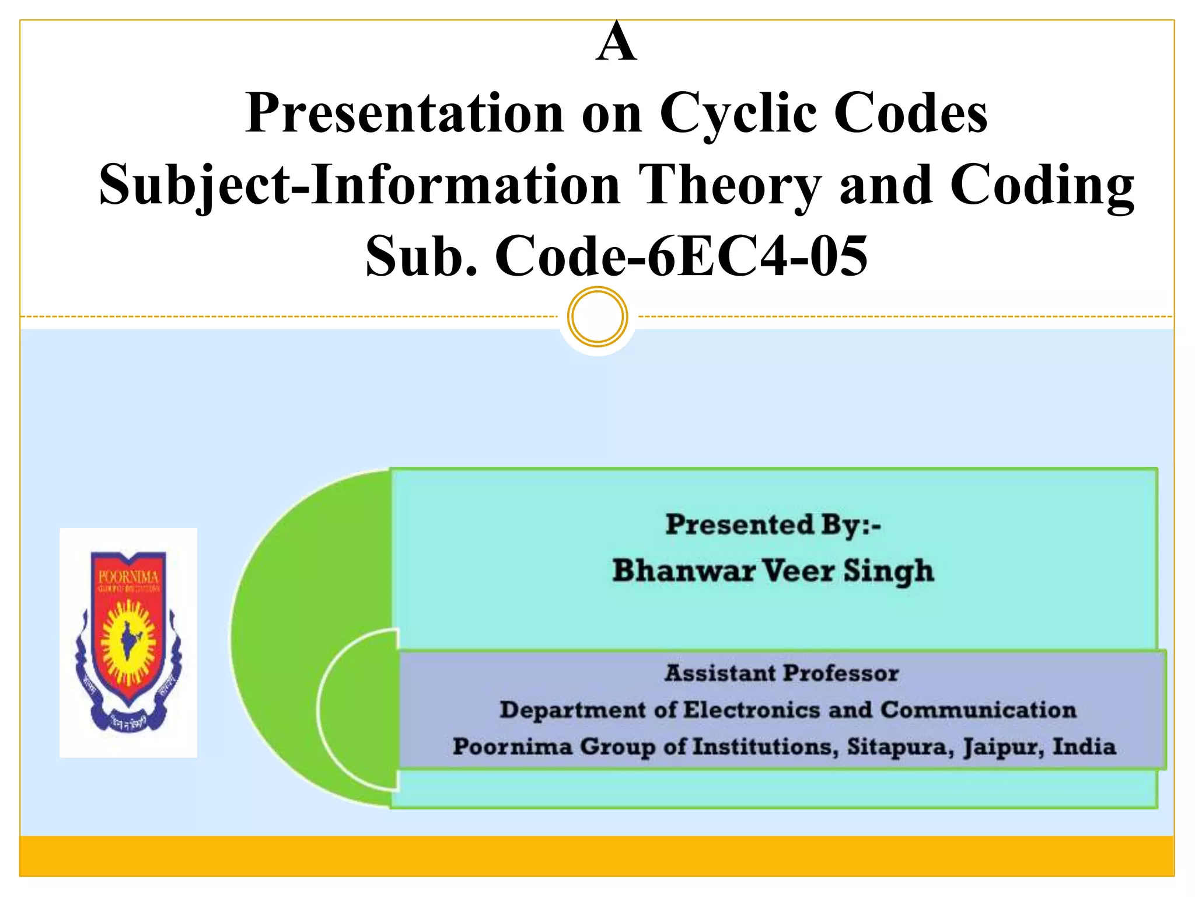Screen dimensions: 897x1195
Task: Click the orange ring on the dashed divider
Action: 597,317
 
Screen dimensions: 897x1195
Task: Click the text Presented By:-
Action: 773,524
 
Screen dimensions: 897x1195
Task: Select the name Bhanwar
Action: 683,571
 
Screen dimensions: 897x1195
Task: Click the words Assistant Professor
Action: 782,673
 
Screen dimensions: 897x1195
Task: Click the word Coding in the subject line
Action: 1042,185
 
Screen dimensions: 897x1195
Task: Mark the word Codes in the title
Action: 910,114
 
